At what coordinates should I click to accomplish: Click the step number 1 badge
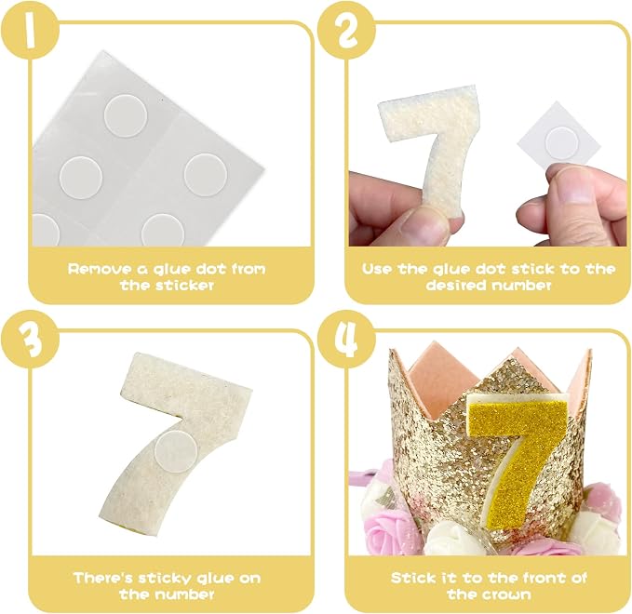29,32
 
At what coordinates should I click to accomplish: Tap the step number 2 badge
346,32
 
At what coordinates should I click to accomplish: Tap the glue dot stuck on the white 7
176,449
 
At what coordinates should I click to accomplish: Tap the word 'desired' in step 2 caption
452,286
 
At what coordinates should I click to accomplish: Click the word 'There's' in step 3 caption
103,578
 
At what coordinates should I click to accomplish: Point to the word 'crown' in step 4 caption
507,595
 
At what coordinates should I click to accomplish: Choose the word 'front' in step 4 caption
544,578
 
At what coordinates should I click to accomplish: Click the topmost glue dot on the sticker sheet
126,115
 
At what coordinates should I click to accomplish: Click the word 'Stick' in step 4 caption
412,578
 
